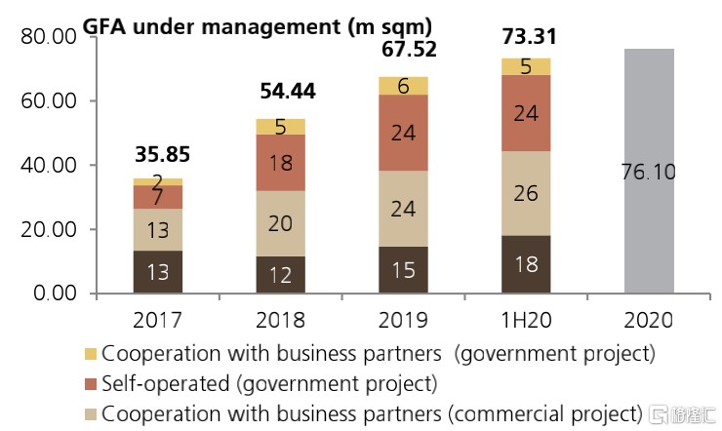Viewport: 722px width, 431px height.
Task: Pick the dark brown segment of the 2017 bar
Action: [157, 271]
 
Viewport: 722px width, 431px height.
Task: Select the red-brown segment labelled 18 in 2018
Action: [280, 163]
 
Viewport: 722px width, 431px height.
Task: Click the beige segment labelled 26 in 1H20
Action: [526, 194]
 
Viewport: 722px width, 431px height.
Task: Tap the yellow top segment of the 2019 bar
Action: [403, 86]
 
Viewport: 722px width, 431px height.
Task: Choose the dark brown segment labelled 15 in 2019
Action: [403, 269]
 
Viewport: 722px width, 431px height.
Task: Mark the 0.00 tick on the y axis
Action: [53, 294]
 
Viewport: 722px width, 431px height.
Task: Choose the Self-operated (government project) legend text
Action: [269, 382]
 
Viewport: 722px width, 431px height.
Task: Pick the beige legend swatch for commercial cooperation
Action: [90, 412]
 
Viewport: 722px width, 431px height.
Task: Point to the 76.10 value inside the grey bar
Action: [649, 173]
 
